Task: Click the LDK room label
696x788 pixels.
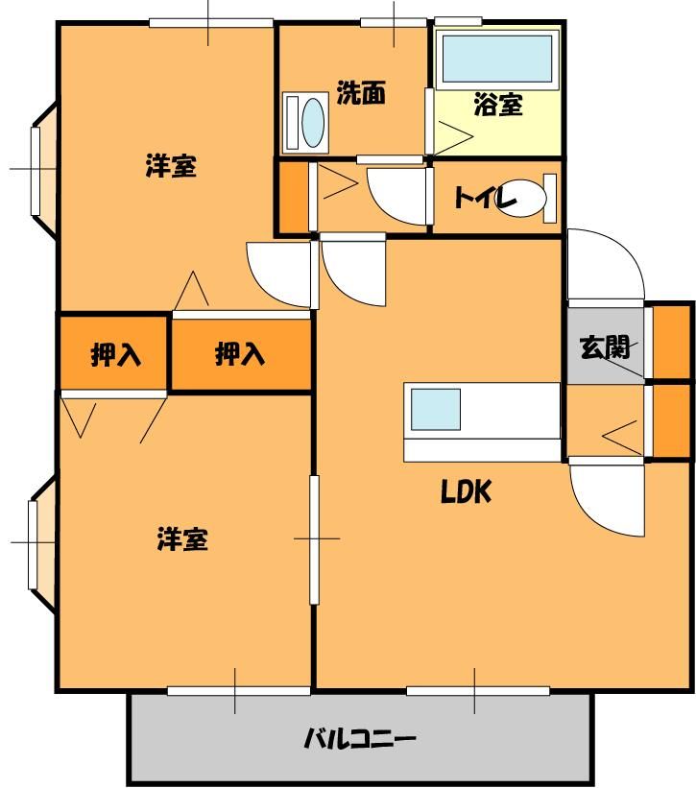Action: [x=466, y=492]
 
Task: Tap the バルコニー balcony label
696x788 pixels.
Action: [x=360, y=739]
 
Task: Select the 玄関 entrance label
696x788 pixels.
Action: [x=605, y=347]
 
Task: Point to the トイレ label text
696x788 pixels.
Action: [x=486, y=198]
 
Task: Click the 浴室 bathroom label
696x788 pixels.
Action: [x=498, y=105]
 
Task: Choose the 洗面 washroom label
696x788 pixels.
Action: [x=361, y=92]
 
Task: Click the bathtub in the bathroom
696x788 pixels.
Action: [x=497, y=60]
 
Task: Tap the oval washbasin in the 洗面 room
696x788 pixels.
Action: [x=313, y=122]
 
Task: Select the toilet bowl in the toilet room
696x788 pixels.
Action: [x=522, y=198]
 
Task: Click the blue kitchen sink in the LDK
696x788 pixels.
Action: [x=436, y=410]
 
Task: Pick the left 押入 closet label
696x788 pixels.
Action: [x=115, y=355]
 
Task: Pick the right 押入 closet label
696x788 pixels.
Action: [x=240, y=354]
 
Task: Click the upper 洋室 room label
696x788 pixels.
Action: [x=171, y=166]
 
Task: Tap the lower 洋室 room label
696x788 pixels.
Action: [x=182, y=538]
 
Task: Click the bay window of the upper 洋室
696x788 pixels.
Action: [x=44, y=169]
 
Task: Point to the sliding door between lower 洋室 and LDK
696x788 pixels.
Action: [x=314, y=539]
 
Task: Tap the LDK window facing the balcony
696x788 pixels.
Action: [x=477, y=691]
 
